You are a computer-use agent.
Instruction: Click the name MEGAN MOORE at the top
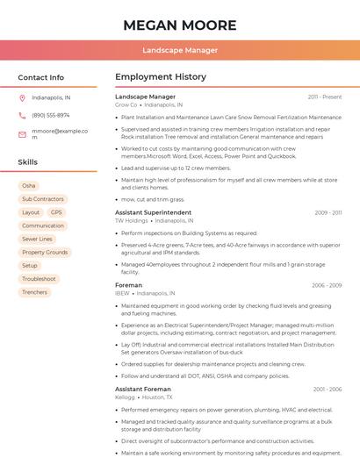(180, 25)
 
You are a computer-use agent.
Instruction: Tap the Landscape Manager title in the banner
(180, 50)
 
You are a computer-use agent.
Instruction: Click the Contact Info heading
(41, 77)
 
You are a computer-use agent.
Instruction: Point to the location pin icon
(22, 98)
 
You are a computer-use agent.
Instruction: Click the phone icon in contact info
(22, 116)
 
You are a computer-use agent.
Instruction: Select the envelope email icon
(22, 134)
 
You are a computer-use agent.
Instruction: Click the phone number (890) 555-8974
(51, 116)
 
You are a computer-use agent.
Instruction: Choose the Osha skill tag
(29, 186)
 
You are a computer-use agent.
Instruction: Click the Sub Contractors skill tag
(43, 199)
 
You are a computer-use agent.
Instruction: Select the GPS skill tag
(56, 212)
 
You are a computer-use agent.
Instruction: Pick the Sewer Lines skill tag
(37, 239)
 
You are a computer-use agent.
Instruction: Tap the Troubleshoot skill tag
(39, 279)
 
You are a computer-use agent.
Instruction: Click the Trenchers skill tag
(34, 292)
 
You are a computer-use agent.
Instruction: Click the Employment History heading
(161, 77)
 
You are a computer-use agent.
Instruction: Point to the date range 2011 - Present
(324, 97)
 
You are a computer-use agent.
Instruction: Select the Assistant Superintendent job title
(153, 212)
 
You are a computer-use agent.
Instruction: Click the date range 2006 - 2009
(326, 285)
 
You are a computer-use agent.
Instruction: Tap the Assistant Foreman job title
(144, 389)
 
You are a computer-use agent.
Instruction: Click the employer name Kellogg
(126, 397)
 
